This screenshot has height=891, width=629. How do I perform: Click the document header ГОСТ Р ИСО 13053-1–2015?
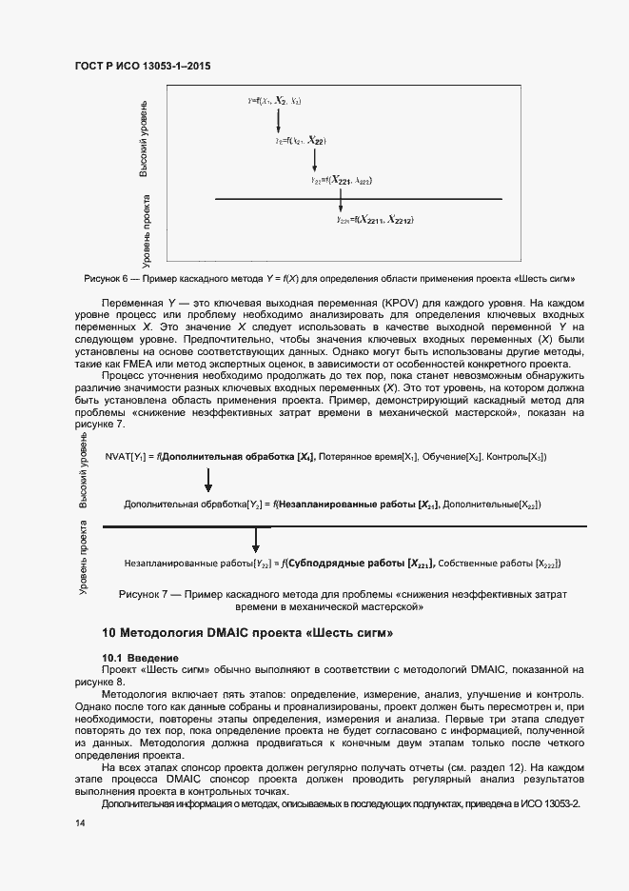142,67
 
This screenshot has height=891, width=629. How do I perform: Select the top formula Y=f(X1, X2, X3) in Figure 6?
274,100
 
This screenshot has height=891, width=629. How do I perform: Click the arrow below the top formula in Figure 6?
278,120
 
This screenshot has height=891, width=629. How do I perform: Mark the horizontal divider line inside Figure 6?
359,199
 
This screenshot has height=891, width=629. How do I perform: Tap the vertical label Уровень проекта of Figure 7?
84,570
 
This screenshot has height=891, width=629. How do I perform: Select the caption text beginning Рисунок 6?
330,278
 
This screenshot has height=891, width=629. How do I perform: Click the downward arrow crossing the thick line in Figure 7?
255,538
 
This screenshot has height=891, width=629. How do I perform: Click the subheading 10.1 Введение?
138,658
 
